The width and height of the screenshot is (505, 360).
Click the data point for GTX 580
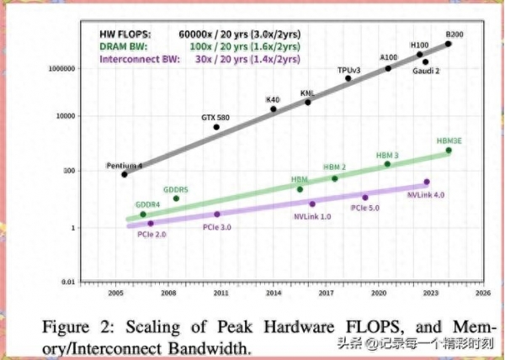tap(217, 127)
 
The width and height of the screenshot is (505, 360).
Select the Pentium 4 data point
tap(125, 173)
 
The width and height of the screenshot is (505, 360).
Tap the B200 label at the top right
tap(455, 33)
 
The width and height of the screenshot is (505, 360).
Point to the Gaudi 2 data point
tap(426, 62)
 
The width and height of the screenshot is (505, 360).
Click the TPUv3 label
tap(348, 69)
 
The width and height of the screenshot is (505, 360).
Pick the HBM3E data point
tap(449, 151)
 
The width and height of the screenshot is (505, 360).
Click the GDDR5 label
tap(175, 189)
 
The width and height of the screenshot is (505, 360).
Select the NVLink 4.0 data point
tap(427, 182)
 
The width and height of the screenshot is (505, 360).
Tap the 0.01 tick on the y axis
tap(70, 282)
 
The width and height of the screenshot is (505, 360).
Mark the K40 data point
tap(274, 109)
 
